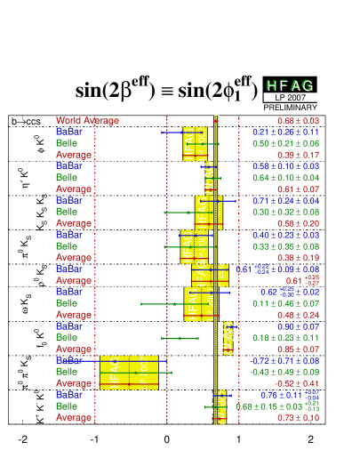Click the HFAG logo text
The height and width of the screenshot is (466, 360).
click(x=290, y=84)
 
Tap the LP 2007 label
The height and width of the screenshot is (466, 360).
click(x=290, y=97)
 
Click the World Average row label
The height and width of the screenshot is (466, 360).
click(x=87, y=120)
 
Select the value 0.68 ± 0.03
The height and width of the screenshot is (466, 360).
click(x=299, y=120)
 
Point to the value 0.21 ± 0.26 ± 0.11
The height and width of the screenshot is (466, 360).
click(x=285, y=132)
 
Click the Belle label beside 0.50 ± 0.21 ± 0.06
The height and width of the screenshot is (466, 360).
click(x=67, y=143)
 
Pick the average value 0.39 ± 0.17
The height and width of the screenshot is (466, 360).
click(x=299, y=155)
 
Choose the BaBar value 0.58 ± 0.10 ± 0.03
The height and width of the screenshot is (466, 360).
click(x=285, y=166)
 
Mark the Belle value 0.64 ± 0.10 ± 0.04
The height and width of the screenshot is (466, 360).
click(x=285, y=178)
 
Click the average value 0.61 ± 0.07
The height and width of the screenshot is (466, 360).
click(x=299, y=189)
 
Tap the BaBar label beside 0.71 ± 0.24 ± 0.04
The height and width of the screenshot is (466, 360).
click(x=69, y=201)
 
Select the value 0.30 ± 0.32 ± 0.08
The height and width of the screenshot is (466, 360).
click(x=285, y=213)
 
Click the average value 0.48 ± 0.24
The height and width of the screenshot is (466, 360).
click(x=299, y=315)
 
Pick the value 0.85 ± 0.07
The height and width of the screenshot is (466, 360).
click(x=299, y=349)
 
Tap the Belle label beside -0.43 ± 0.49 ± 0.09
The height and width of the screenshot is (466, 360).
click(x=67, y=372)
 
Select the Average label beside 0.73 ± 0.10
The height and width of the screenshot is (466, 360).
click(x=74, y=418)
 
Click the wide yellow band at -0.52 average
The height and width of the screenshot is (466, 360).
click(x=129, y=373)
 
